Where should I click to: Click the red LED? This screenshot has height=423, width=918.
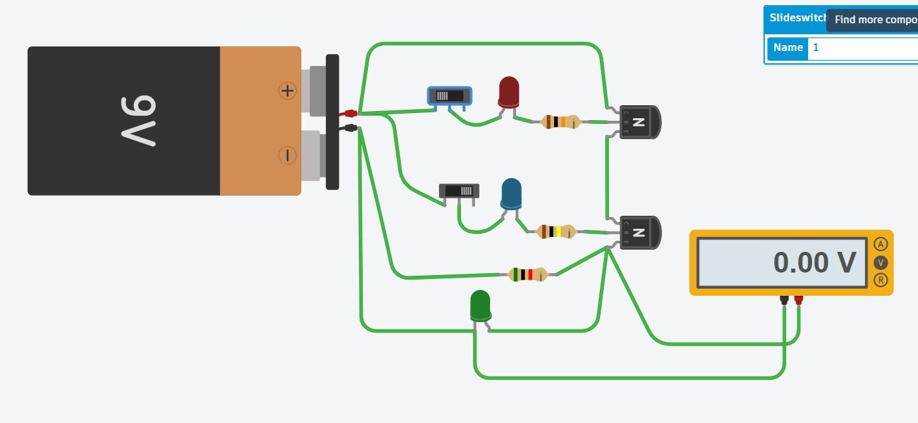(x=509, y=92)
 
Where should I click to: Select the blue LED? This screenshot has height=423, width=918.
(x=511, y=194)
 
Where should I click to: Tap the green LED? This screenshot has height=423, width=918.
(x=480, y=305)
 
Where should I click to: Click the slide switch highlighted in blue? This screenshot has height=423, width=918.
(x=449, y=96)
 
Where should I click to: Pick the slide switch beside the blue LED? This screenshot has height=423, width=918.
(x=459, y=191)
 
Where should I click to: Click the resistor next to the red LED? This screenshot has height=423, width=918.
(x=560, y=121)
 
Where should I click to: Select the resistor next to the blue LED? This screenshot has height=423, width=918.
(x=555, y=231)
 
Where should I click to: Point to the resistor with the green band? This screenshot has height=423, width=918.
(x=528, y=274)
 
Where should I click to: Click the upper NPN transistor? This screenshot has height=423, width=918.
(x=639, y=122)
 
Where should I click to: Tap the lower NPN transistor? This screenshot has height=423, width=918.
(x=639, y=232)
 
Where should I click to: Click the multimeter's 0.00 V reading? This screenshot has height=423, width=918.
(x=814, y=263)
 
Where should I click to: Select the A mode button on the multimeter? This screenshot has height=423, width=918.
(x=880, y=244)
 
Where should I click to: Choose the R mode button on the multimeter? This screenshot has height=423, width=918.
(x=880, y=280)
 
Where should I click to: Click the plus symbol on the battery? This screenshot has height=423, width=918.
(x=287, y=91)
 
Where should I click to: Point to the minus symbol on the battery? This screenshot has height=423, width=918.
(x=287, y=155)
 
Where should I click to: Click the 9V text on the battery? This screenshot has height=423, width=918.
(x=138, y=120)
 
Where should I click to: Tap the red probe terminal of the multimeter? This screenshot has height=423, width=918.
(x=799, y=300)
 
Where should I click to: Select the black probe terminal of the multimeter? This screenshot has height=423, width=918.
(x=784, y=300)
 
